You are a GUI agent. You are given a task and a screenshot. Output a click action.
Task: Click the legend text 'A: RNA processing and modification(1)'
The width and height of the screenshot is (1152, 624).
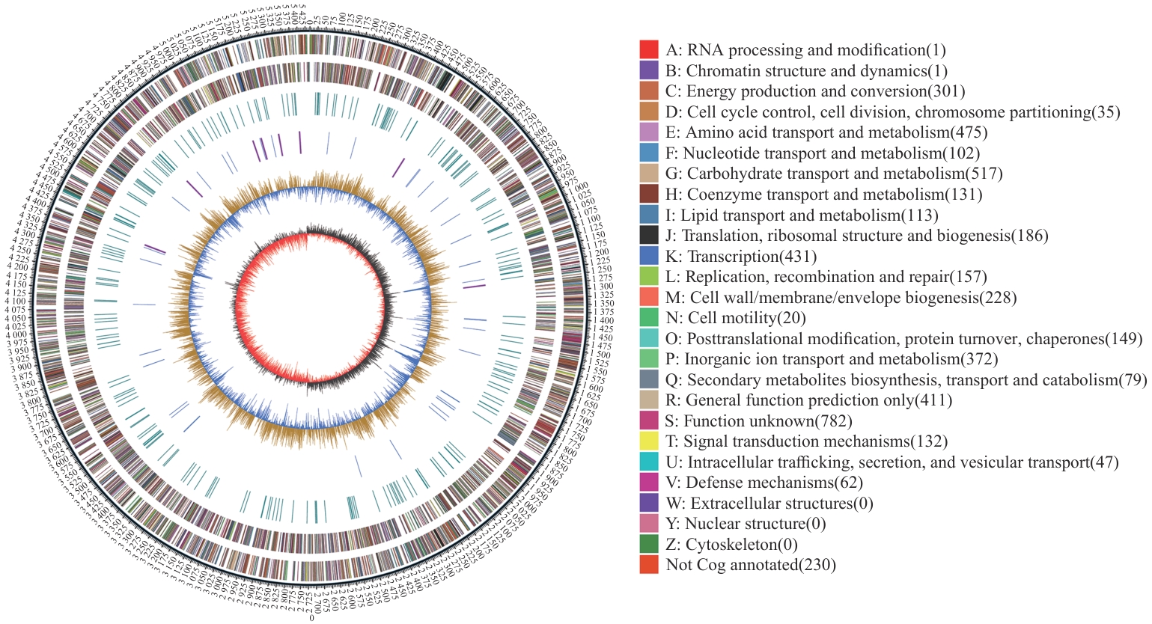click(x=805, y=50)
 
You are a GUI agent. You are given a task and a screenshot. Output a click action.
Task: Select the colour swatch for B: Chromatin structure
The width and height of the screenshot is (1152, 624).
click(x=649, y=70)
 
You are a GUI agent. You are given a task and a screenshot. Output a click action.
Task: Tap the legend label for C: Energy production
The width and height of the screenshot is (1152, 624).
click(x=815, y=91)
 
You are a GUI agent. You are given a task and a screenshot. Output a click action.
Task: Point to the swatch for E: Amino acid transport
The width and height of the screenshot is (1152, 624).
click(x=649, y=132)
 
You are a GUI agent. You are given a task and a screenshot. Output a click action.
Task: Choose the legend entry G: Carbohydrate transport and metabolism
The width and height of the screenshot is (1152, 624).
click(x=834, y=174)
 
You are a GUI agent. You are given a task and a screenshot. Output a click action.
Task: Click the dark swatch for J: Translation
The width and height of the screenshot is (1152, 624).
click(x=649, y=236)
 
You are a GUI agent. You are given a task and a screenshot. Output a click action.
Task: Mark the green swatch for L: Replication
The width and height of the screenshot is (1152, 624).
click(x=649, y=277)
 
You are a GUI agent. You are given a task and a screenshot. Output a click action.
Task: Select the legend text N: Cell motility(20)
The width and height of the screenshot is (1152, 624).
click(x=736, y=318)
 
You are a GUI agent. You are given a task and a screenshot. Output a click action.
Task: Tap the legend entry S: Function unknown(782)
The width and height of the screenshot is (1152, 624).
click(x=759, y=421)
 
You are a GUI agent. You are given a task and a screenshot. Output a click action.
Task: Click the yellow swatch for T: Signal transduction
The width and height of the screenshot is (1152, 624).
click(x=649, y=441)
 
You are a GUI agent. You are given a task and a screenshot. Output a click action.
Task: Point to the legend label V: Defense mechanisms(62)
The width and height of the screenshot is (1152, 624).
click(x=764, y=483)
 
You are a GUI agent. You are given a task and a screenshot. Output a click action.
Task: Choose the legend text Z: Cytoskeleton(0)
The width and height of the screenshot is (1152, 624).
click(x=731, y=545)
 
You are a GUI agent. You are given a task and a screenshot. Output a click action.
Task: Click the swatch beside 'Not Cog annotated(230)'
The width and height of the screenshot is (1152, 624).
click(x=649, y=565)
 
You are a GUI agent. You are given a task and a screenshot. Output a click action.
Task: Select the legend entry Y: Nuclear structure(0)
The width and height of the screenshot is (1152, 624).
click(x=746, y=524)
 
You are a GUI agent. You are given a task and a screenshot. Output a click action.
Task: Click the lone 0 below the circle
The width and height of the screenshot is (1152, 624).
click(x=311, y=618)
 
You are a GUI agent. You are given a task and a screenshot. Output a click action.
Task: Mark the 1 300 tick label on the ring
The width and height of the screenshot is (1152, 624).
click(x=604, y=287)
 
